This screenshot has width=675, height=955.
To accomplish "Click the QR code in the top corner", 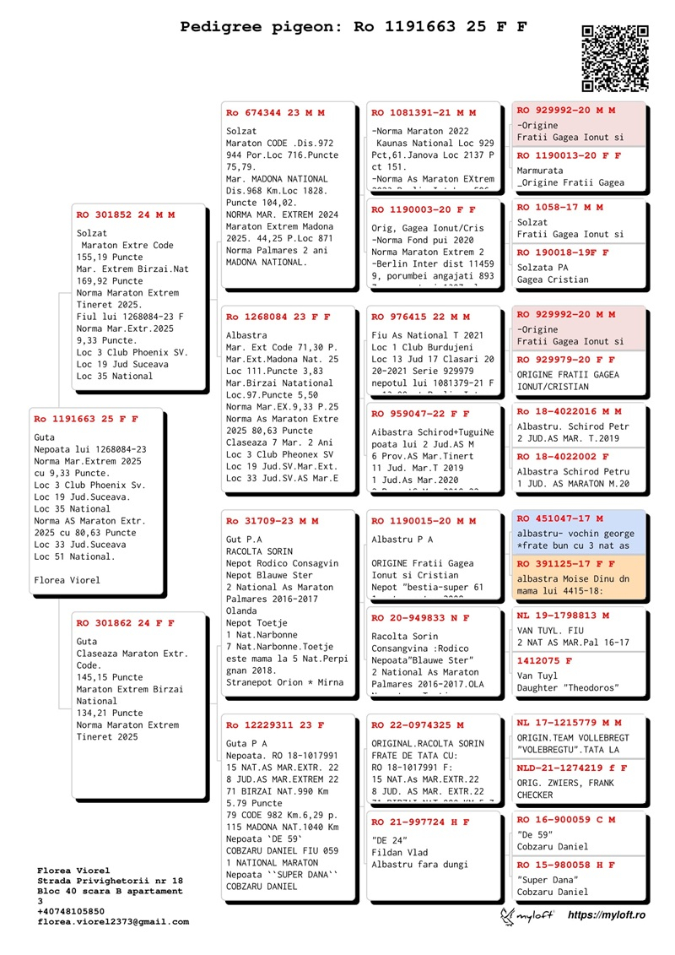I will click(615, 57).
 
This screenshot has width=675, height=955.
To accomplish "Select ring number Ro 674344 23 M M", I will click(275, 112).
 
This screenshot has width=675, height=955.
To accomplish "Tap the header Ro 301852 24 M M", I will click(125, 214).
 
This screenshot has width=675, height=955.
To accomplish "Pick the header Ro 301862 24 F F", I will click(125, 622).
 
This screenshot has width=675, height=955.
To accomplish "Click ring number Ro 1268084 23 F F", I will click(278, 317).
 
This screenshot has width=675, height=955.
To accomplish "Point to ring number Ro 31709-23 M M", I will click(273, 521).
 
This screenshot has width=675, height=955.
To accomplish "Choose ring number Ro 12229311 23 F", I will click(275, 724).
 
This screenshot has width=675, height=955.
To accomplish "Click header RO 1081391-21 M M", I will click(424, 112).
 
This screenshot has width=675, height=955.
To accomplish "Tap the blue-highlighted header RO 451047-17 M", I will click(559, 518).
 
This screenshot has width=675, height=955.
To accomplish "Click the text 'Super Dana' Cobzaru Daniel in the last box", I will click(553, 885).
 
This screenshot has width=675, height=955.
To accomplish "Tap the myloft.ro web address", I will click(606, 914).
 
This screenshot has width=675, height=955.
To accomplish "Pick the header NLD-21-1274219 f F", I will click(571, 768).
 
